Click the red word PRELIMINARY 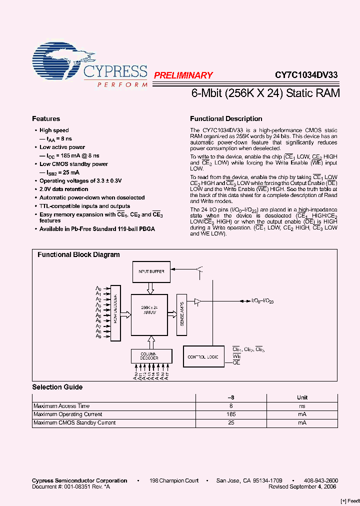[x=183, y=75]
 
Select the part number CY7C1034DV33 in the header [x=306, y=75]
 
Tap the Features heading [x=46, y=119]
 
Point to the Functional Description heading [x=226, y=119]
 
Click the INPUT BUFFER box [x=151, y=271]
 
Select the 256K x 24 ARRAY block [x=148, y=315]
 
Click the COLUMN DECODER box [x=149, y=356]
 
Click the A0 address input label [x=98, y=289]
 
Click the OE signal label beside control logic [x=236, y=362]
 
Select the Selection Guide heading [x=57, y=387]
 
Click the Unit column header [x=302, y=398]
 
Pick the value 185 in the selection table [x=231, y=414]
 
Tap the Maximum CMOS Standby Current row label [x=74, y=423]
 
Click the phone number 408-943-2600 [x=321, y=480]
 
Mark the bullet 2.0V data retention [x=64, y=189]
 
